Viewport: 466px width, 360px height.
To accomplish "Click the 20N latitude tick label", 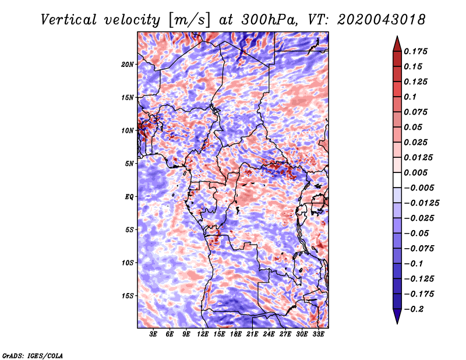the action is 128,65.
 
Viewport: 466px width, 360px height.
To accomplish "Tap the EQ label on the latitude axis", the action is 129,197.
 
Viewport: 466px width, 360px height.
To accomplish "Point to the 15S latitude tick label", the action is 128,296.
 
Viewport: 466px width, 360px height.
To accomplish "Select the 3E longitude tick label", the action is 153,334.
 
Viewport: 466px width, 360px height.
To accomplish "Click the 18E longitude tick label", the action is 236,334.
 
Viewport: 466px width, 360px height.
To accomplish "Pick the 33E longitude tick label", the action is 318,334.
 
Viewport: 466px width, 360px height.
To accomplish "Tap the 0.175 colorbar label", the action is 415,51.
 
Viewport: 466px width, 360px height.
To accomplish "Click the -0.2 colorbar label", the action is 414,309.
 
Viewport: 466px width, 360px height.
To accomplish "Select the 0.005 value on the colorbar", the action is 415,172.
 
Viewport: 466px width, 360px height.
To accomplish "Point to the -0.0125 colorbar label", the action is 421,203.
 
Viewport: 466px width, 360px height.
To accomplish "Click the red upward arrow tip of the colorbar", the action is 397,37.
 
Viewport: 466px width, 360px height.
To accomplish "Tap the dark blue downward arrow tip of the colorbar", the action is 397,323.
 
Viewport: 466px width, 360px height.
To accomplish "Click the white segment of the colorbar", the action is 397,180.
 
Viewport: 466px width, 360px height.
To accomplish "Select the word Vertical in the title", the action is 69,20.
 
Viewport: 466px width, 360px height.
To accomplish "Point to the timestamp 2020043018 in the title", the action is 382,20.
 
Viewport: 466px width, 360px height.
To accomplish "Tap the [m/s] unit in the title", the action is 189,20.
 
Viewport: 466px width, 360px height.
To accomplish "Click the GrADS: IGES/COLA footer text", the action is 33,355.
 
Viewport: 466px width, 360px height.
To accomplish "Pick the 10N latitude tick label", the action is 128,130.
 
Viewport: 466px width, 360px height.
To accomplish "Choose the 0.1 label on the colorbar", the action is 410,97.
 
